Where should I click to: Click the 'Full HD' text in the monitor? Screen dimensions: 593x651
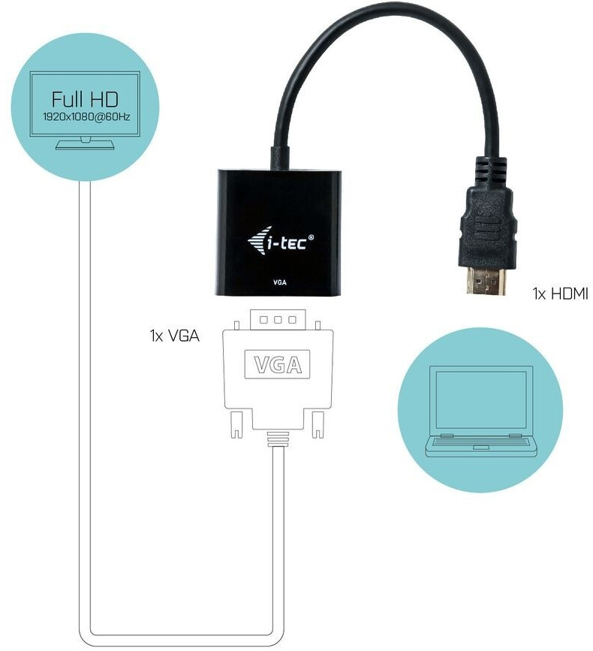coord(85,99)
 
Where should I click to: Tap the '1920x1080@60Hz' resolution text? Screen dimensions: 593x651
coord(85,116)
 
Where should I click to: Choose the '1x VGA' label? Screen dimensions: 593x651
coord(174,336)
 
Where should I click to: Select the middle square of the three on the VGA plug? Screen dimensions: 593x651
coord(276,321)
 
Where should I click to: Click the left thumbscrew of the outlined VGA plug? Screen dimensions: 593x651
coord(236,425)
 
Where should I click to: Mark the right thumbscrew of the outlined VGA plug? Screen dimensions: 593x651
coord(318,425)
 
